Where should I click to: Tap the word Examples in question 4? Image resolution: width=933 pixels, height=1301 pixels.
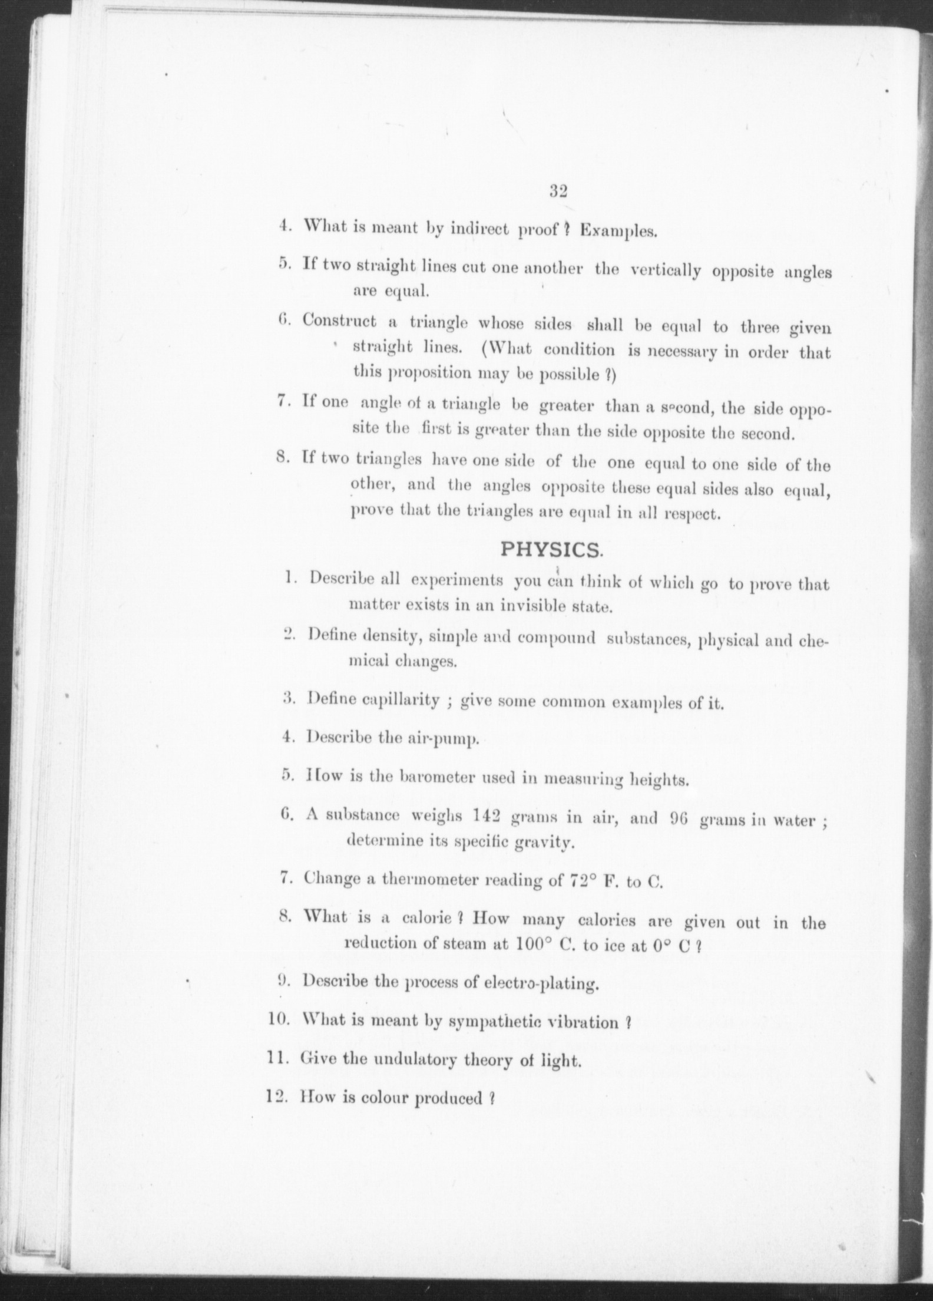[x=618, y=230]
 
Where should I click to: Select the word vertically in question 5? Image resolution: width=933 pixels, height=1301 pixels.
[x=665, y=271]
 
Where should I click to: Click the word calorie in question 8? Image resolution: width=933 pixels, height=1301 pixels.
[x=426, y=920]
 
